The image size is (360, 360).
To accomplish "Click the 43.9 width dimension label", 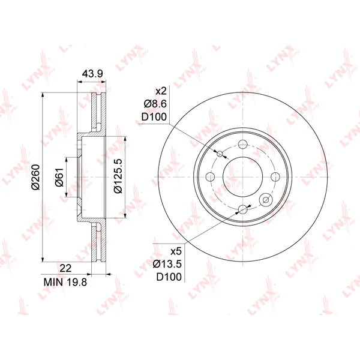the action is click(92, 74).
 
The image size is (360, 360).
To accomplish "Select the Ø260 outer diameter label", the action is click(36, 177).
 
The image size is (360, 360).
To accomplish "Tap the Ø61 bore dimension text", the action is click(59, 177).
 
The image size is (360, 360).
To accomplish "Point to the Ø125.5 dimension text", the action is click(118, 176).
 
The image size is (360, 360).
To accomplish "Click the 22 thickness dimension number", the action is click(65, 268).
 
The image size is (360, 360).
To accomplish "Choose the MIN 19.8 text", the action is click(65, 282).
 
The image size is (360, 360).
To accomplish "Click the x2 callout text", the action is click(161, 91).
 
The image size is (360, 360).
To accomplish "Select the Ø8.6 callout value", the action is click(155, 104).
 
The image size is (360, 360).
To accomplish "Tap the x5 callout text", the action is click(176, 251).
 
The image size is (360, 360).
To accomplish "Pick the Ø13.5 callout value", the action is click(167, 264).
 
